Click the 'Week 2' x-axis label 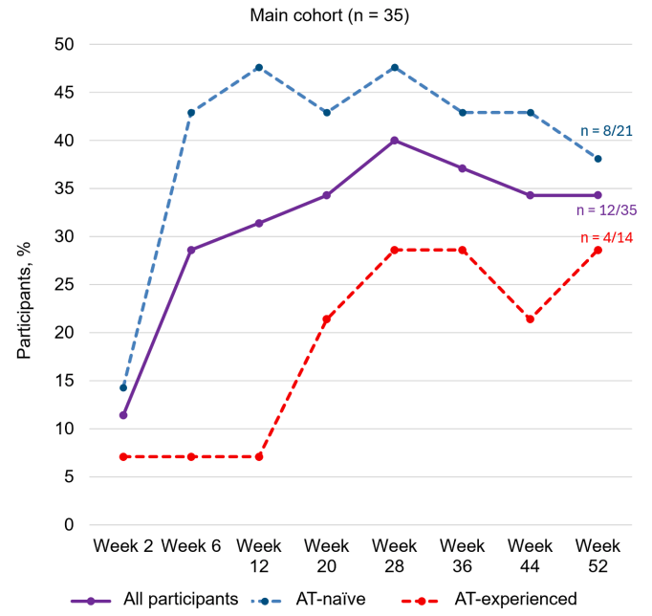point(123,545)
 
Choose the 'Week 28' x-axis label point(395,554)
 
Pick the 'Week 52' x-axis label point(598,554)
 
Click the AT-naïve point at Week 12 point(259,68)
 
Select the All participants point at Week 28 point(395,141)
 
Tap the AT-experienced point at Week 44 point(531,319)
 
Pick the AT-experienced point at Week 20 point(327,319)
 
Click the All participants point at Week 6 point(191,250)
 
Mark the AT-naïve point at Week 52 point(598,159)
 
